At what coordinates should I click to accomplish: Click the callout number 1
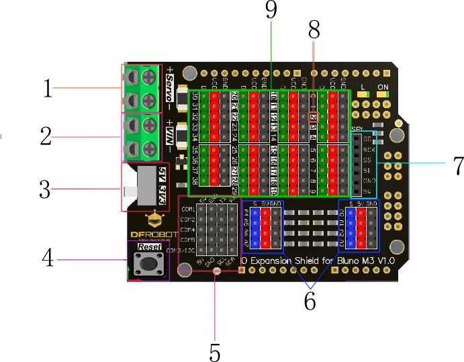(x=46, y=88)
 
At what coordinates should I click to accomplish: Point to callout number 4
(x=48, y=259)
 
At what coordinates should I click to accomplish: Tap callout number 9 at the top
(x=271, y=11)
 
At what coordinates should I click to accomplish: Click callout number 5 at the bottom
(x=214, y=351)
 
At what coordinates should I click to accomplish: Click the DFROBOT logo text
(x=152, y=235)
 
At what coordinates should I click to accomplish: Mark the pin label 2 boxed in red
(x=314, y=116)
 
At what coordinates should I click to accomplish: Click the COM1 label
(x=187, y=210)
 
